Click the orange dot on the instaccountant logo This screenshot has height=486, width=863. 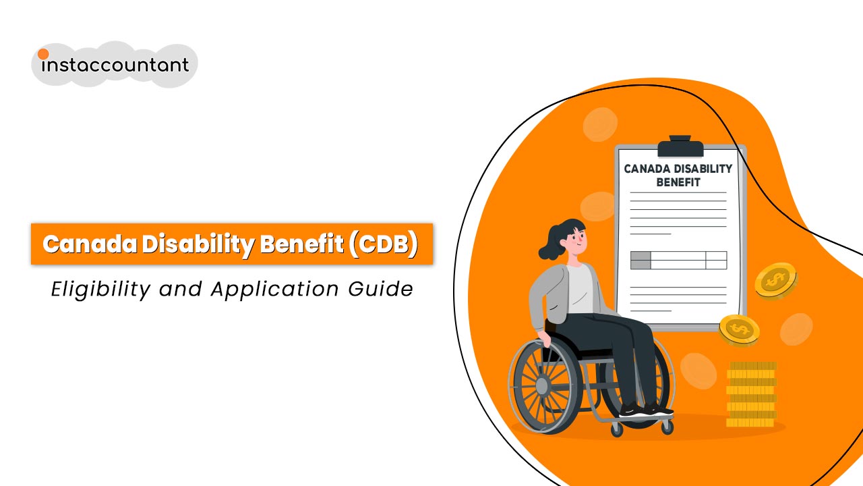[43, 54]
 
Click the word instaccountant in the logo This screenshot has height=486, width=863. [115, 65]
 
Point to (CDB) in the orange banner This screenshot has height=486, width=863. [384, 244]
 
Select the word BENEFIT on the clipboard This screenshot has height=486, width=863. [678, 182]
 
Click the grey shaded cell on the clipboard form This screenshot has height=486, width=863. [641, 260]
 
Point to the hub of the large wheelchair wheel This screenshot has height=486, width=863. [542, 385]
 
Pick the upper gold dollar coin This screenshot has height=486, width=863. [775, 279]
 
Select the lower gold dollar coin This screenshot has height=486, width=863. [740, 329]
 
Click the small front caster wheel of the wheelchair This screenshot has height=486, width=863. [616, 428]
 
